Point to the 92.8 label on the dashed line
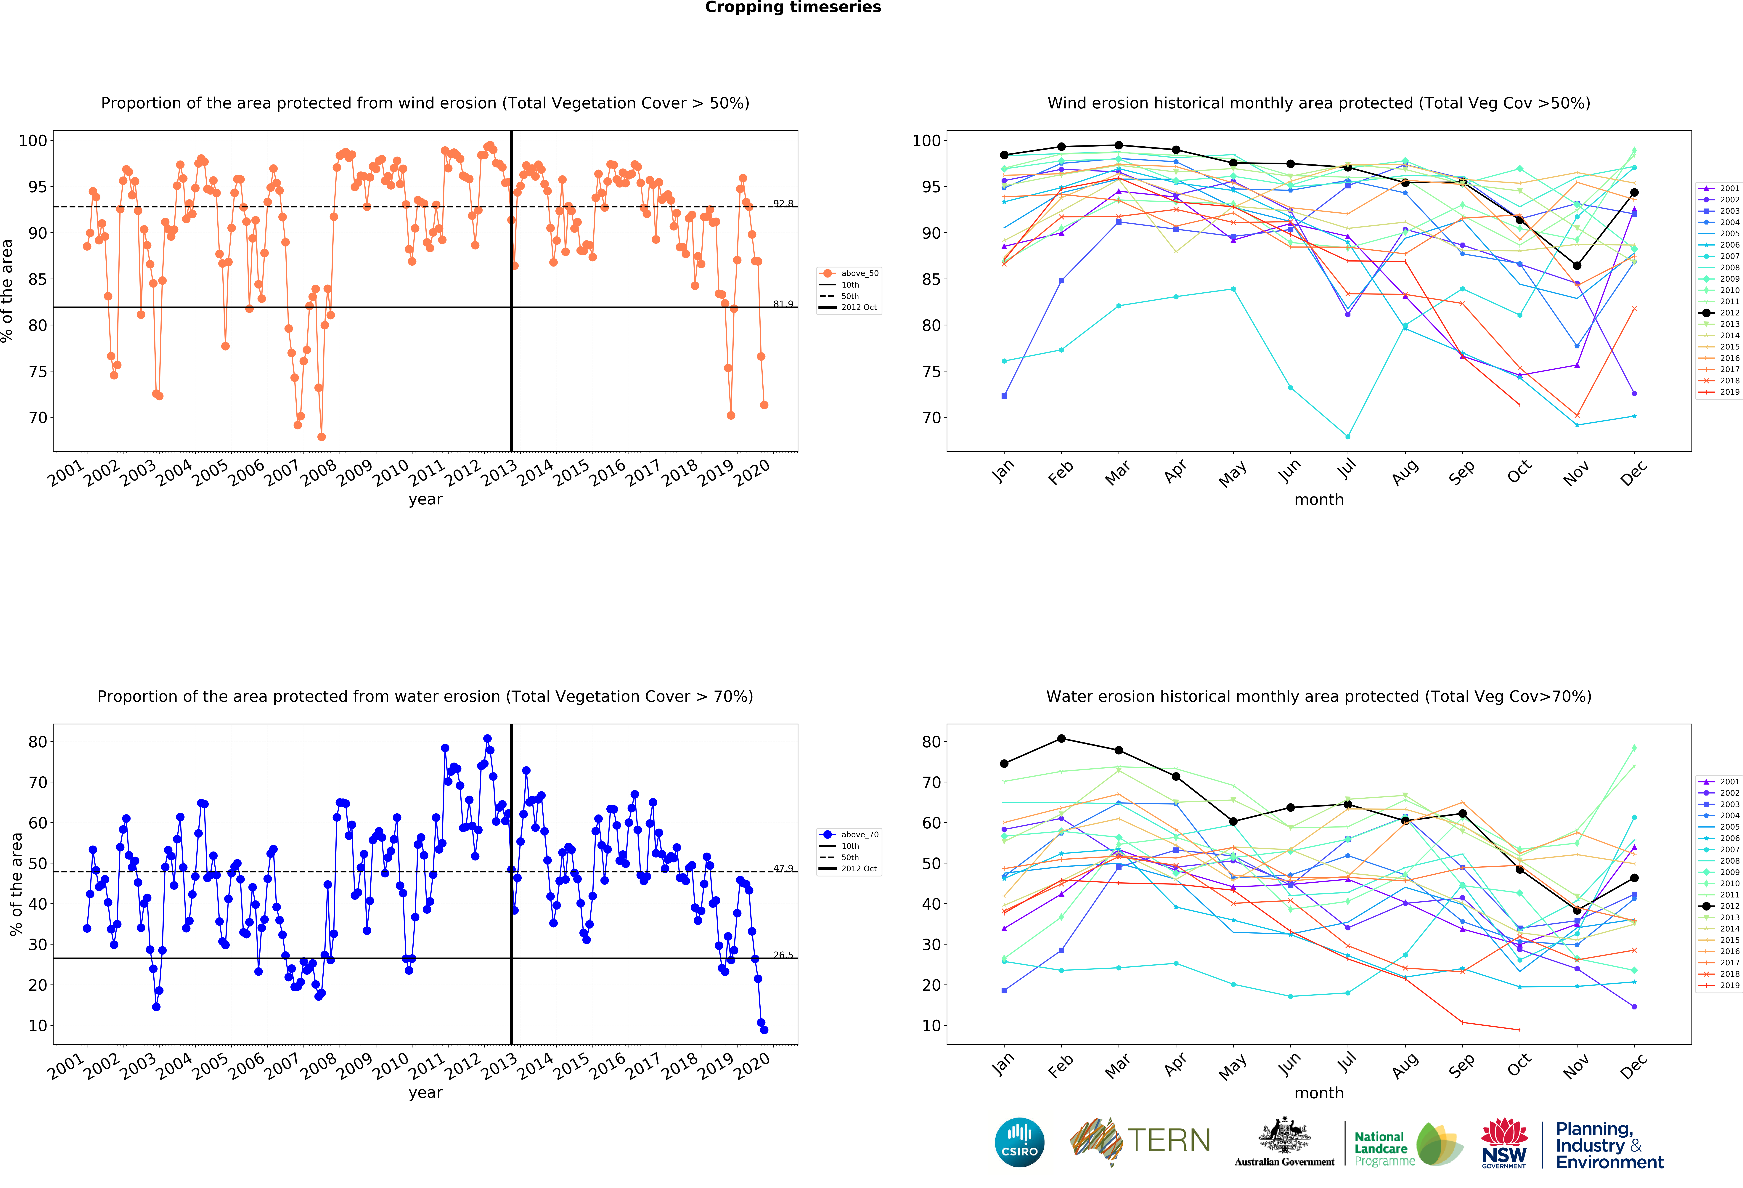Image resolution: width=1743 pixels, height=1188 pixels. point(783,203)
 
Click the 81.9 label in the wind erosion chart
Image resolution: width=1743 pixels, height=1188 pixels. point(783,304)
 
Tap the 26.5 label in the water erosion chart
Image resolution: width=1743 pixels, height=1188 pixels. point(783,955)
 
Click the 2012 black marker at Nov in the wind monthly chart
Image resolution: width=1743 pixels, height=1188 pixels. point(1577,265)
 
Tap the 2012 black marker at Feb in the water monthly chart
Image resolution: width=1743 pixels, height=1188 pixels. point(1061,739)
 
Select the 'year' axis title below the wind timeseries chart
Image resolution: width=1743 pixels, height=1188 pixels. point(425,499)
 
